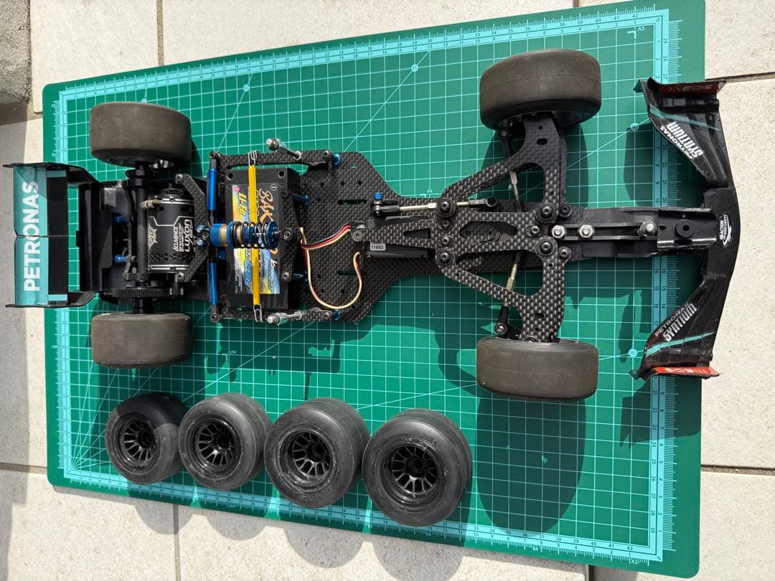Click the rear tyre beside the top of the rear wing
[x=141, y=134]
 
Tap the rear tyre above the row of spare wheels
[x=141, y=339]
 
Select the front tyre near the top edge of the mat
[x=540, y=88]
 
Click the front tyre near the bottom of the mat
[x=537, y=368]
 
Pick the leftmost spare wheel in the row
[x=144, y=438]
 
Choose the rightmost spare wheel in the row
[x=417, y=466]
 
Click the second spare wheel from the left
[x=223, y=440]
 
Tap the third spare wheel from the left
[x=316, y=452]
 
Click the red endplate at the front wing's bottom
[x=689, y=371]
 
